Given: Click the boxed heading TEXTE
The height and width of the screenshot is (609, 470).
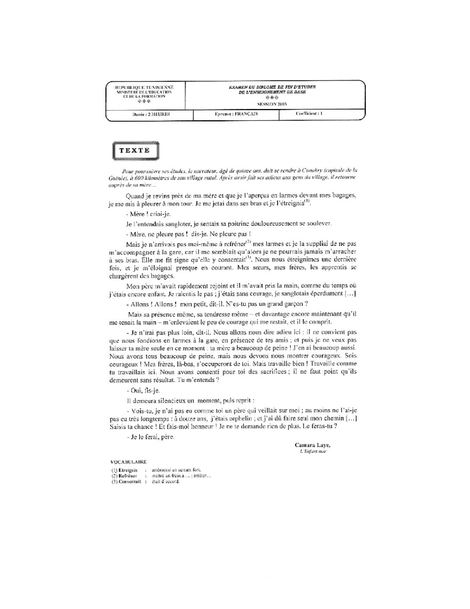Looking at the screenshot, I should click(135, 151).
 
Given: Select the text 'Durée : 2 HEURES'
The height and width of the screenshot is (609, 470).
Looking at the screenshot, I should click(151, 114).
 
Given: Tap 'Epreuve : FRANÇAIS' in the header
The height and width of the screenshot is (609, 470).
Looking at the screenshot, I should click(236, 114).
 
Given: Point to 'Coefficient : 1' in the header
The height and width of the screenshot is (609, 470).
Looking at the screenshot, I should click(309, 114).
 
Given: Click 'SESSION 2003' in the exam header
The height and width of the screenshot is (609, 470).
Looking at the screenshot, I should click(272, 104).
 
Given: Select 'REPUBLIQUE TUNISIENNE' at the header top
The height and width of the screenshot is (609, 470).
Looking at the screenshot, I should click(144, 88).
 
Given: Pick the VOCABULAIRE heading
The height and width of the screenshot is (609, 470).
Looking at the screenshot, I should click(129, 462).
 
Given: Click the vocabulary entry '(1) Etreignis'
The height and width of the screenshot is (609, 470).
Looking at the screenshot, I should click(124, 470).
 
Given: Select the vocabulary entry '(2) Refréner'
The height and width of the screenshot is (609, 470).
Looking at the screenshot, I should click(124, 476).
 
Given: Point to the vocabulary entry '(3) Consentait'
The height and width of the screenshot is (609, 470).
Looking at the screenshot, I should click(126, 481).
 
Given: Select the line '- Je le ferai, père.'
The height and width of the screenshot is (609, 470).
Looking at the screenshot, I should click(151, 437).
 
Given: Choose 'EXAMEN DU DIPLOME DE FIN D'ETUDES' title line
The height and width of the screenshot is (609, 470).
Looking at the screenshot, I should click(272, 87).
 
